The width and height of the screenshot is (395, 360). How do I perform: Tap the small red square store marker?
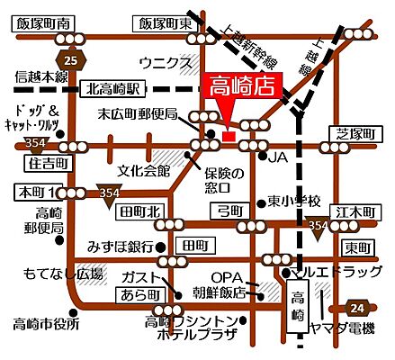229,136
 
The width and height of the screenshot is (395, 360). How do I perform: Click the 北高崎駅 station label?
112,89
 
